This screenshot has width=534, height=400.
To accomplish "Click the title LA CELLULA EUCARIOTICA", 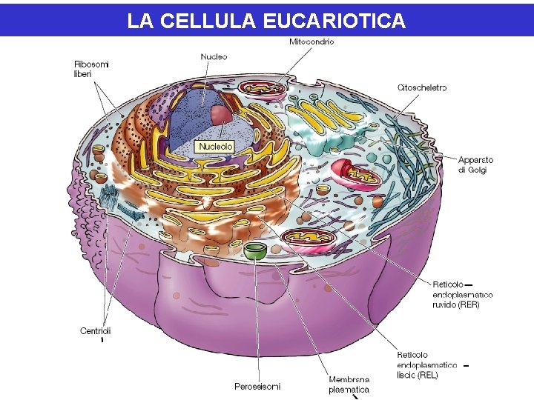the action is click(x=266, y=21).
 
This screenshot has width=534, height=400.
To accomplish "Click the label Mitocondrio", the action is click(x=311, y=42).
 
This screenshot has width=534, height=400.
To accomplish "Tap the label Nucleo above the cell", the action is click(x=214, y=57).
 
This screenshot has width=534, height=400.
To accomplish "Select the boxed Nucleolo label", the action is click(x=215, y=147).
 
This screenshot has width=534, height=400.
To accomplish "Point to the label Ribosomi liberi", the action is click(x=90, y=69).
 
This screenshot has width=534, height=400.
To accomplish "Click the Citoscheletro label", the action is click(x=421, y=87).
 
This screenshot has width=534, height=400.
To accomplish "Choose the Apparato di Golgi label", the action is click(x=475, y=164).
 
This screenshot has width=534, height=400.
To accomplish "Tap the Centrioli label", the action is click(x=95, y=331).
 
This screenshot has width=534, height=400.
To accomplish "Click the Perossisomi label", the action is click(x=257, y=386).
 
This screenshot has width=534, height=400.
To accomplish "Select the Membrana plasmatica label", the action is click(x=349, y=384).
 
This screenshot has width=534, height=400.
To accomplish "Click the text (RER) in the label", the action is click(x=468, y=304).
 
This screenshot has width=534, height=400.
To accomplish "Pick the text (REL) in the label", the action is click(x=427, y=376).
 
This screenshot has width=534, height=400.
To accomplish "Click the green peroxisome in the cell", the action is click(x=256, y=250).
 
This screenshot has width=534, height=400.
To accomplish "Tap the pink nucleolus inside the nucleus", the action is click(x=221, y=115).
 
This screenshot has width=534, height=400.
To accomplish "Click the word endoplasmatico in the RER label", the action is click(x=462, y=295).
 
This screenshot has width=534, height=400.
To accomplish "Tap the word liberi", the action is click(x=82, y=74).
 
